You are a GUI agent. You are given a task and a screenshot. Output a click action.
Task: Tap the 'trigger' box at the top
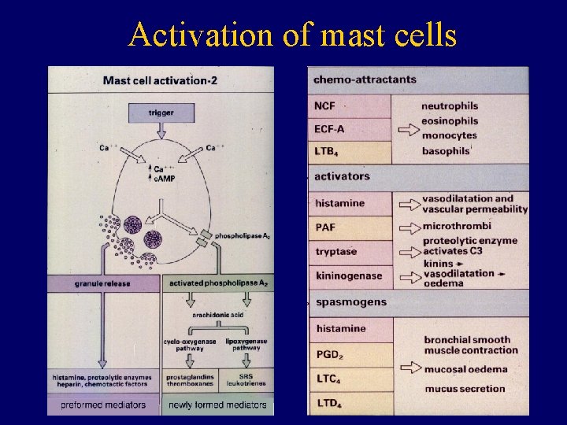(x=161, y=113)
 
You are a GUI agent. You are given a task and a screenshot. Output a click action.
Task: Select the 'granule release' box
(x=102, y=282)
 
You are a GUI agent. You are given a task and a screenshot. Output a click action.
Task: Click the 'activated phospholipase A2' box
(x=218, y=282)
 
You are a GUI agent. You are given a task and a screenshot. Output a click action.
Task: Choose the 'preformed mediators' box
(x=102, y=405)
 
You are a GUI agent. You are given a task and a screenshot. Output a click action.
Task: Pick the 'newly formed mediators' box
(x=218, y=405)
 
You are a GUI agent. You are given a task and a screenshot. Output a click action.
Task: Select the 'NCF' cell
(x=349, y=106)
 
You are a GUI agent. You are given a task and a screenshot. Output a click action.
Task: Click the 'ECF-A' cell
(x=349, y=129)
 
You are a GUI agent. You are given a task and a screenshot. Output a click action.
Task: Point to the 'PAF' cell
(x=349, y=227)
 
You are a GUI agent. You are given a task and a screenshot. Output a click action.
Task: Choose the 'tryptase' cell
(x=349, y=252)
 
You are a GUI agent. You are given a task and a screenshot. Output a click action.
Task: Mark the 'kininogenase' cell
(x=349, y=276)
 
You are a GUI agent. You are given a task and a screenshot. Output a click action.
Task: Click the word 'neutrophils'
(x=450, y=106)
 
